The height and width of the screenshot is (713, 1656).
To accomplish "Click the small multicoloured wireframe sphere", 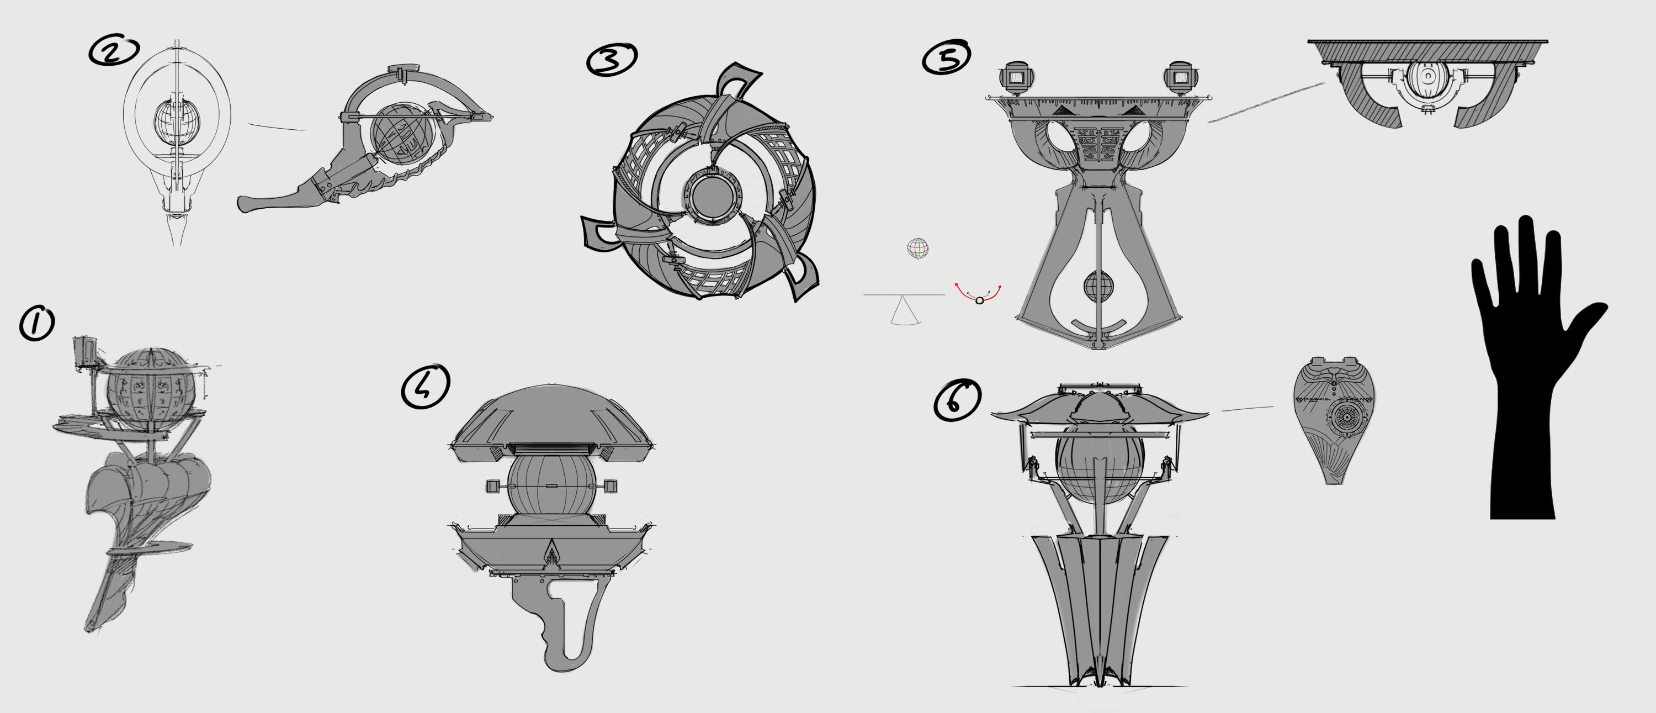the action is coord(918,249).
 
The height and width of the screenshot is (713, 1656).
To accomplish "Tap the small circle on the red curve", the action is coord(979,300).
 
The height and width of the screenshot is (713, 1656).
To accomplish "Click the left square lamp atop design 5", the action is coord(1016,78).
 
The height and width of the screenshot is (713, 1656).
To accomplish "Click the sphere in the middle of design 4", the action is coord(552,487).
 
